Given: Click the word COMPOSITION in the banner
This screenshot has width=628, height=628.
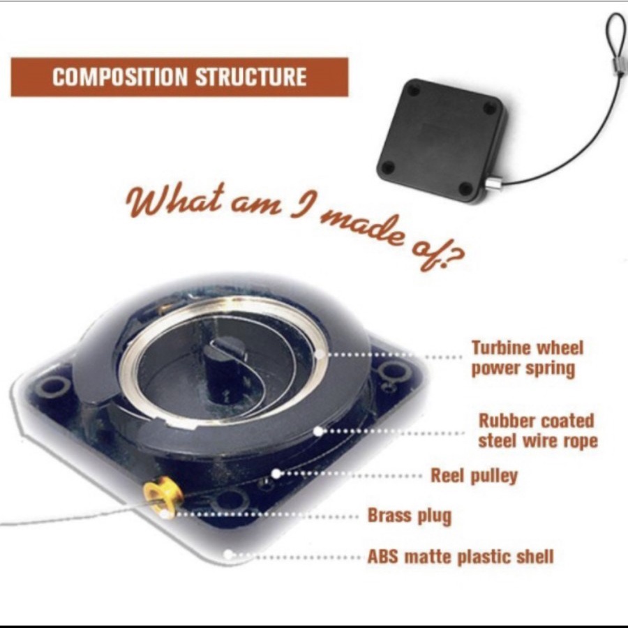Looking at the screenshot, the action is click(120, 77).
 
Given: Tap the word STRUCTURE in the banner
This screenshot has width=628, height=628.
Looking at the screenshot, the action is click(251, 77).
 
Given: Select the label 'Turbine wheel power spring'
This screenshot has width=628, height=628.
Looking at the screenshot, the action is click(527, 358).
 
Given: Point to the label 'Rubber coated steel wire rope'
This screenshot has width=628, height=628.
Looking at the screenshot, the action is click(537, 431).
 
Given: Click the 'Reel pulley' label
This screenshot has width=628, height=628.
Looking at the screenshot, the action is click(474, 476).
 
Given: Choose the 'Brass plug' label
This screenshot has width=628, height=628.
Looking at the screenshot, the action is click(410, 516).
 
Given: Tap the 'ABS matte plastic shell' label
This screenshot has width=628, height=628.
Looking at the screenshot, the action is click(461, 557).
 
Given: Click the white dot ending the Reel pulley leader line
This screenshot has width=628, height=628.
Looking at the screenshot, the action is click(276, 474).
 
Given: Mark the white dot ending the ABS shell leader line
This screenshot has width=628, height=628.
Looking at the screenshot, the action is click(228, 554).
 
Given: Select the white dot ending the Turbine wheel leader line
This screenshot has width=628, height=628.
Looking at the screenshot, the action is click(320, 354).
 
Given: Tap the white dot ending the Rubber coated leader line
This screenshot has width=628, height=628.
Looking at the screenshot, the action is click(318, 431).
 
